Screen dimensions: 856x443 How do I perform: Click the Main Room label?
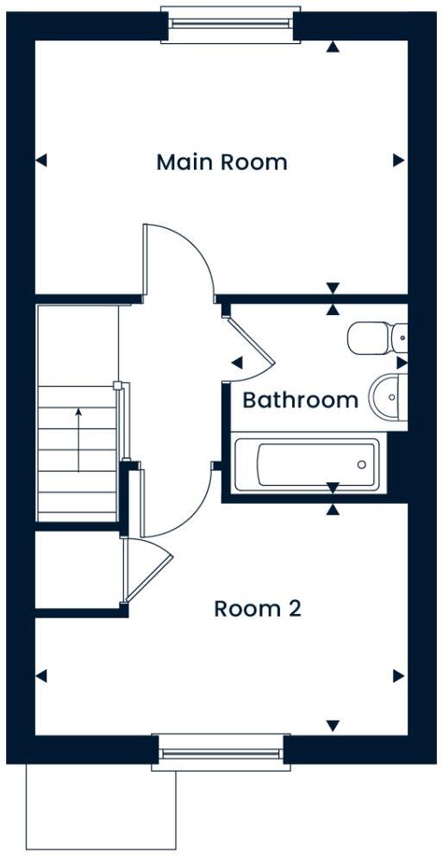(221, 162)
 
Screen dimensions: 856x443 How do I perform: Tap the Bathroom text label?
(299, 400)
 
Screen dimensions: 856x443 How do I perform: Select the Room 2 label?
(258, 609)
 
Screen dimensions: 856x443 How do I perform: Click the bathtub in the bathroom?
(306, 465)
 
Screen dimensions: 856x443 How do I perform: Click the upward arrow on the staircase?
(78, 439)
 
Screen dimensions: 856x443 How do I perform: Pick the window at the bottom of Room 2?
(219, 752)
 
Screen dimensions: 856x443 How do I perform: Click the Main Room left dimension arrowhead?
(41, 160)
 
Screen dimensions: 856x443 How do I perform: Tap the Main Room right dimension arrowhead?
(398, 160)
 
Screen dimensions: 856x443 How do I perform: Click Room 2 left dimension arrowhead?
(41, 676)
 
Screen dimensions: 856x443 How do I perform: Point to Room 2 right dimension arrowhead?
(398, 676)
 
